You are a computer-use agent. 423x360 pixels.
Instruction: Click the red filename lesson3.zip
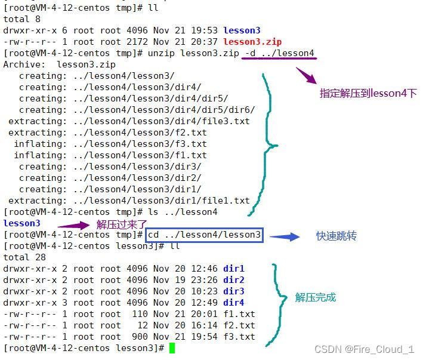pyautogui.click(x=252, y=42)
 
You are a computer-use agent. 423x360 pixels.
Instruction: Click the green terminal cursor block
pyautogui.click(x=172, y=348)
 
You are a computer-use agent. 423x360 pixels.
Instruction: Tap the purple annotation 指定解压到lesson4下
pyautogui.click(x=368, y=93)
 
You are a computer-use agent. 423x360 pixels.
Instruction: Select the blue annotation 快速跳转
pyautogui.click(x=336, y=236)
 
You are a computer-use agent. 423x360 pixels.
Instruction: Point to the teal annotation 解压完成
pyautogui.click(x=316, y=297)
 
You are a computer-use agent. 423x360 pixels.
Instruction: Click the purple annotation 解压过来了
pyautogui.click(x=122, y=224)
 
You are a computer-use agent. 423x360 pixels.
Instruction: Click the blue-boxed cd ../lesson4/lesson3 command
pyautogui.click(x=204, y=235)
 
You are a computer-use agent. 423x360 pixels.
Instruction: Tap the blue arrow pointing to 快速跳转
pyautogui.click(x=285, y=236)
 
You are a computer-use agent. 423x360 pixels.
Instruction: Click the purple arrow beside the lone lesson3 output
pyautogui.click(x=73, y=226)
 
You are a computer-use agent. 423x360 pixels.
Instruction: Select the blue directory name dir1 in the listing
pyautogui.click(x=234, y=269)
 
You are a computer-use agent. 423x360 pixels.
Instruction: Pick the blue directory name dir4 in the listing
pyautogui.click(x=234, y=303)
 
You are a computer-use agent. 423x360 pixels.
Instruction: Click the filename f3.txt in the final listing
pyautogui.click(x=239, y=337)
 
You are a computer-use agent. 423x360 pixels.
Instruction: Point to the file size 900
pyautogui.click(x=140, y=337)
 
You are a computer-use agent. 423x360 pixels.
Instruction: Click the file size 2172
pyautogui.click(x=137, y=42)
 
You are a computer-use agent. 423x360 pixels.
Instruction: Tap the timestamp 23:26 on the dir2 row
pyautogui.click(x=204, y=280)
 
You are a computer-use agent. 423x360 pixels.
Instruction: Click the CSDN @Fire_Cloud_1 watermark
pyautogui.click(x=364, y=349)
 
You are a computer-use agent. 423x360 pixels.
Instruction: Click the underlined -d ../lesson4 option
pyautogui.click(x=279, y=54)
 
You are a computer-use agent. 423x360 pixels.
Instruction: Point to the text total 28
pyautogui.click(x=24, y=257)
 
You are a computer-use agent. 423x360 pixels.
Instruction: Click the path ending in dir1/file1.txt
pyautogui.click(x=161, y=201)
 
